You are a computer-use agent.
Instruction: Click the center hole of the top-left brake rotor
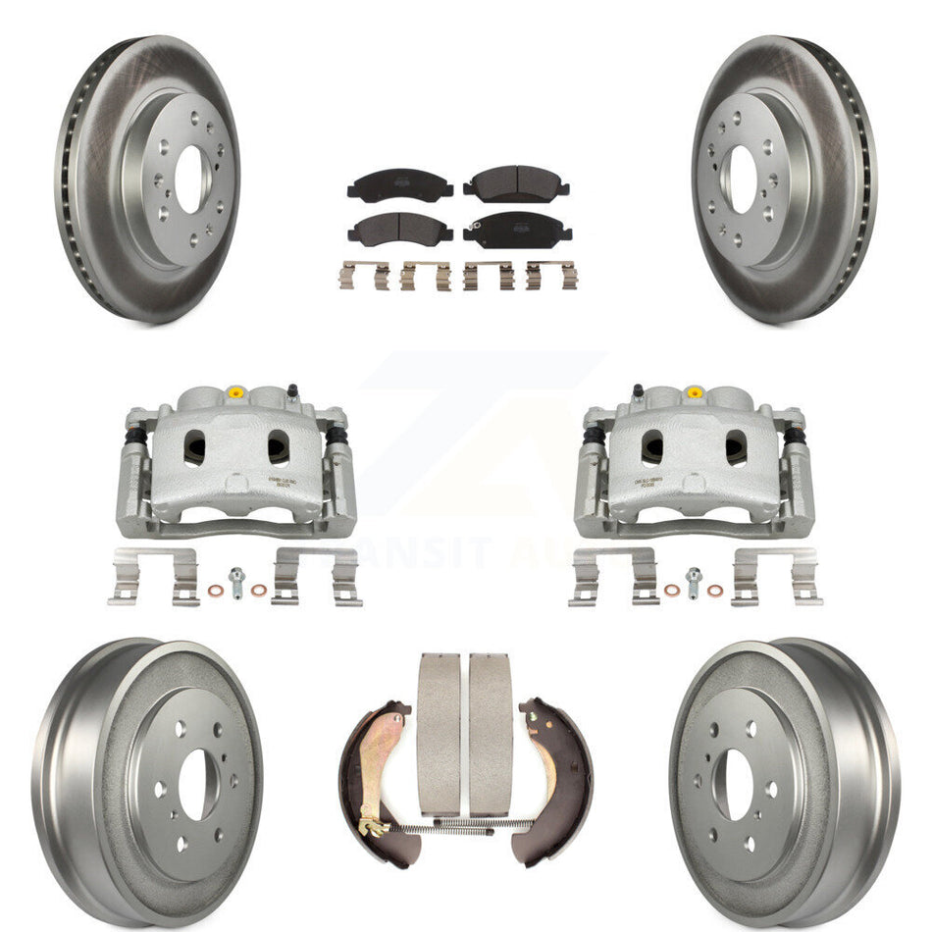coord(190,180)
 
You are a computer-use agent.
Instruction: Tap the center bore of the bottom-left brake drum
coord(195,785)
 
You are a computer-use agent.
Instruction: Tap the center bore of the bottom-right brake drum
coord(739,785)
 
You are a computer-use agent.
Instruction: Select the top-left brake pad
coord(399,185)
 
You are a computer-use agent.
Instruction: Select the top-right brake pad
coord(516,183)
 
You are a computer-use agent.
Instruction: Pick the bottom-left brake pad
coord(399,230)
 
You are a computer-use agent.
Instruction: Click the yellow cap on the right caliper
coord(696,392)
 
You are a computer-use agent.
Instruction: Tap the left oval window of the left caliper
coord(196,447)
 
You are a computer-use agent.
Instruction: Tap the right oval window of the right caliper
coord(736,447)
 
